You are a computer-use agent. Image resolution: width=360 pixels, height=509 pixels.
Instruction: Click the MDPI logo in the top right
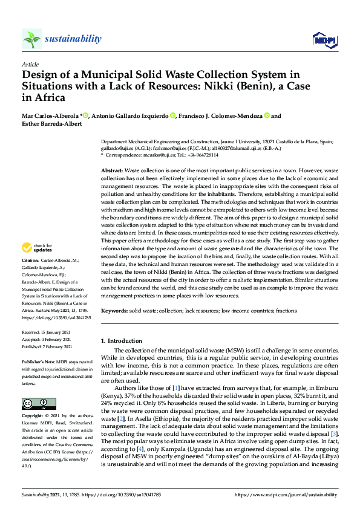click(x=325, y=40)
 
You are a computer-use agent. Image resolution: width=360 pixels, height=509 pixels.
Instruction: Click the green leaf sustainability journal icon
click(x=31, y=39)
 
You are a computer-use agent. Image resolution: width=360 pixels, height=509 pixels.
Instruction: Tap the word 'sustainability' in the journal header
click(x=73, y=39)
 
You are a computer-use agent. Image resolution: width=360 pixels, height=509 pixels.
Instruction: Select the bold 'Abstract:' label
click(x=112, y=172)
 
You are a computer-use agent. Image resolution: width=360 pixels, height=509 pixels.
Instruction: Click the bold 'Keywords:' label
click(x=115, y=310)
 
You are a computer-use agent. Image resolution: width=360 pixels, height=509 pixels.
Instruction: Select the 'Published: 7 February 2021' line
click(x=47, y=347)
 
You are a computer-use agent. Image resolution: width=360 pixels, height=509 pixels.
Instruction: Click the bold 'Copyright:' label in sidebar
click(x=33, y=417)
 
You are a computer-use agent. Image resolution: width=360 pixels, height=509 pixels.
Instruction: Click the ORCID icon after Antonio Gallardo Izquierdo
click(x=173, y=115)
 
